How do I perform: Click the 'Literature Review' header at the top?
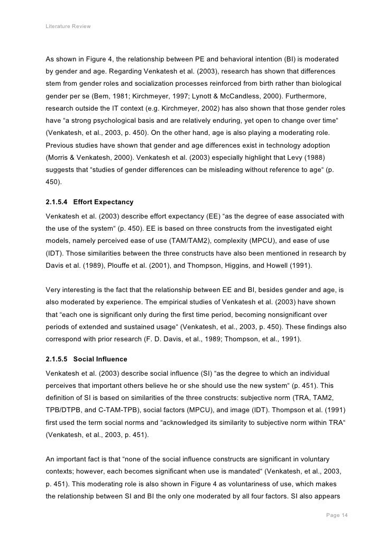(x=68, y=25)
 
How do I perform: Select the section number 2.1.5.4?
(x=57, y=202)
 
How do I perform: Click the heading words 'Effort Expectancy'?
(x=104, y=202)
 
